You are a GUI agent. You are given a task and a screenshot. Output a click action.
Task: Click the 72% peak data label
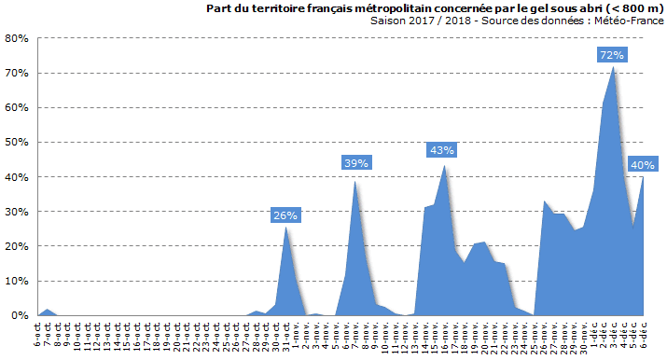pos(612,55)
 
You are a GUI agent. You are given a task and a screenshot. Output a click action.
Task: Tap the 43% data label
pos(441,150)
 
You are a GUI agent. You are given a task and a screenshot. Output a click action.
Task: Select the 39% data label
pos(356,163)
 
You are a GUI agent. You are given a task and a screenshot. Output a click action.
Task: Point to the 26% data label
pos(285,215)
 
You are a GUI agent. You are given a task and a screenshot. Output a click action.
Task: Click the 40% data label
pos(642,165)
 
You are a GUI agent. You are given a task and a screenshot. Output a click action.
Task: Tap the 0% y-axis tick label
pos(19,315)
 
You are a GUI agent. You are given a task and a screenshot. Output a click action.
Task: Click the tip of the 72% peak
pos(613,67)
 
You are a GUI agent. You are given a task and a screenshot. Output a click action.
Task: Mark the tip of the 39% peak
pos(355,180)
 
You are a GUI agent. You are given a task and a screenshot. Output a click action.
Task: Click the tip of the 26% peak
pos(286,227)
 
